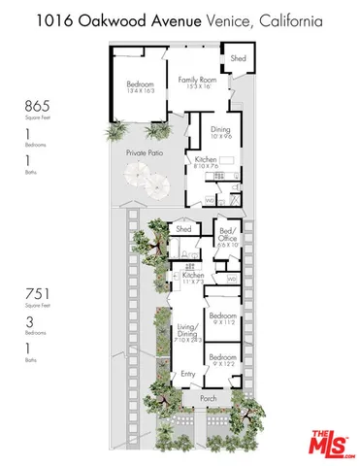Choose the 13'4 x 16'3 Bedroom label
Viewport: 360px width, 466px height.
point(140,87)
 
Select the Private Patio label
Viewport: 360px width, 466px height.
point(143,153)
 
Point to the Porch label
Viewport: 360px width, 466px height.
point(209,397)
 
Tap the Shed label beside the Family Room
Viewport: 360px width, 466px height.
point(239,59)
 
